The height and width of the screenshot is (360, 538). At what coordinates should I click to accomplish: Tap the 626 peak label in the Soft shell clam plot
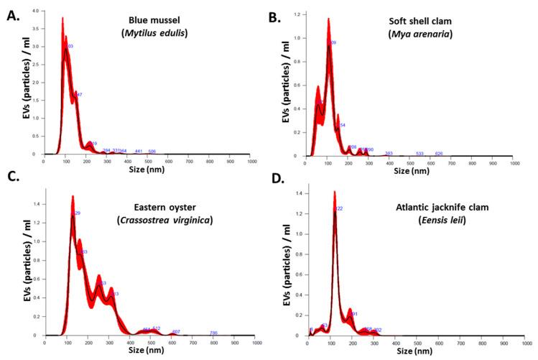pyautogui.click(x=439, y=153)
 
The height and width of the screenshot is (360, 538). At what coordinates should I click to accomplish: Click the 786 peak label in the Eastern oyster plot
pyautogui.click(x=213, y=333)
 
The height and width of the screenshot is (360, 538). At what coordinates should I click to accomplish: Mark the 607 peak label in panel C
pyautogui.click(x=176, y=331)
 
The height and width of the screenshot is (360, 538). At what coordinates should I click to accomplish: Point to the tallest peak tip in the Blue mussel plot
pyautogui.click(x=62, y=18)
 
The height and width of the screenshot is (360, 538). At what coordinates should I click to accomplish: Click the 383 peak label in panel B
pyautogui.click(x=389, y=153)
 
